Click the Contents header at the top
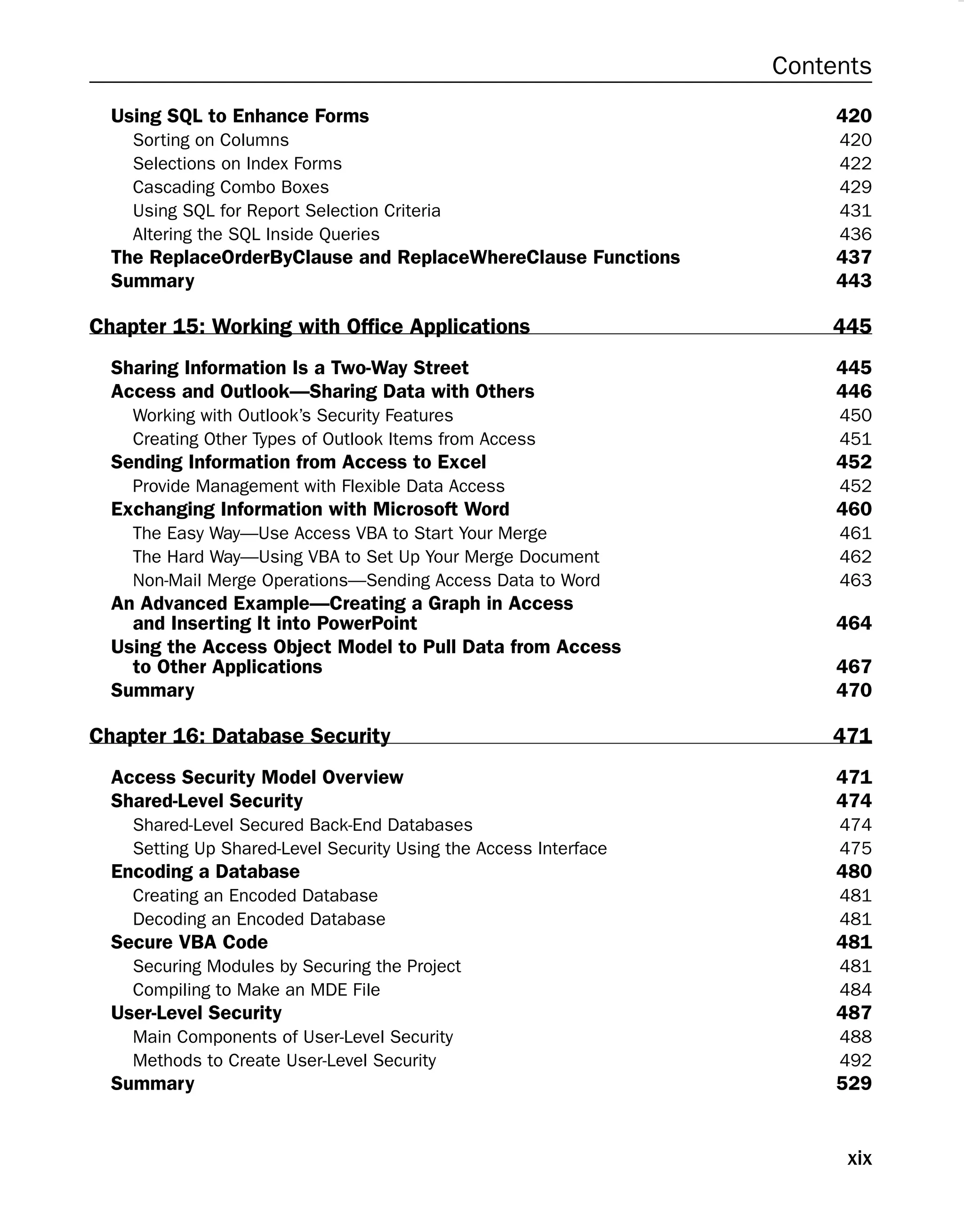click(821, 66)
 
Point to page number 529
click(853, 1083)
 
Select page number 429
click(855, 187)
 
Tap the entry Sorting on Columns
click(211, 140)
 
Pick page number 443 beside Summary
click(853, 281)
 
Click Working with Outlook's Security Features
click(293, 415)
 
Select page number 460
click(853, 509)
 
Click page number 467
click(853, 667)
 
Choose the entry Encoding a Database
click(205, 871)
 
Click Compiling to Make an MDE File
click(256, 989)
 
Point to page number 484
click(855, 989)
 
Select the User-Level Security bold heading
click(196, 1012)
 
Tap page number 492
click(855, 1060)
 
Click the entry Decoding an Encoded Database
click(259, 918)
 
